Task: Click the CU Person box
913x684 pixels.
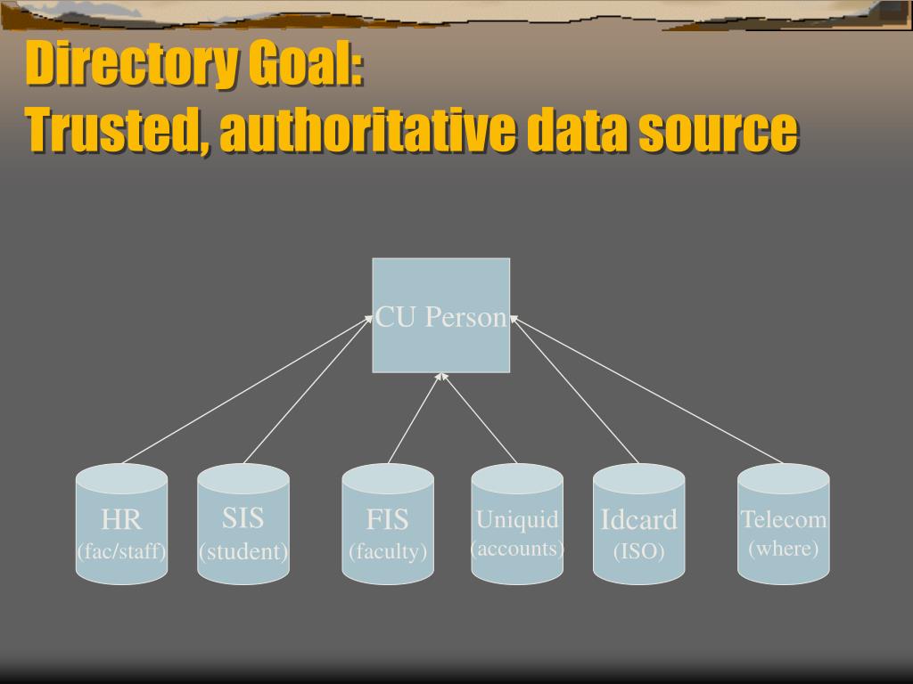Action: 440,315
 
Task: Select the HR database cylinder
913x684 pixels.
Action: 121,524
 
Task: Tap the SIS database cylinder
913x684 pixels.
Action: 243,524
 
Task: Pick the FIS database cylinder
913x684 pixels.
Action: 388,524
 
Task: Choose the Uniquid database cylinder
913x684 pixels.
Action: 517,524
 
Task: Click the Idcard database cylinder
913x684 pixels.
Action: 638,524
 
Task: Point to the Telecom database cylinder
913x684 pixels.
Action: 783,524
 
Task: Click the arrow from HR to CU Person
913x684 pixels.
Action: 247,389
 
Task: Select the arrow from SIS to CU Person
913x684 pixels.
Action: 308,389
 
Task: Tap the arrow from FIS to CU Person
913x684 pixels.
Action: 415,419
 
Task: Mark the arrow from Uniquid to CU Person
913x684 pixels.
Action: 479,419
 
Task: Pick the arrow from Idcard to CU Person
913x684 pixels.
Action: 574,389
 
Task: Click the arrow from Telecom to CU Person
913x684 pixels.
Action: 646,389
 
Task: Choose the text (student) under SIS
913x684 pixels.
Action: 243,551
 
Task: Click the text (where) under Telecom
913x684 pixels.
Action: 783,549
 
